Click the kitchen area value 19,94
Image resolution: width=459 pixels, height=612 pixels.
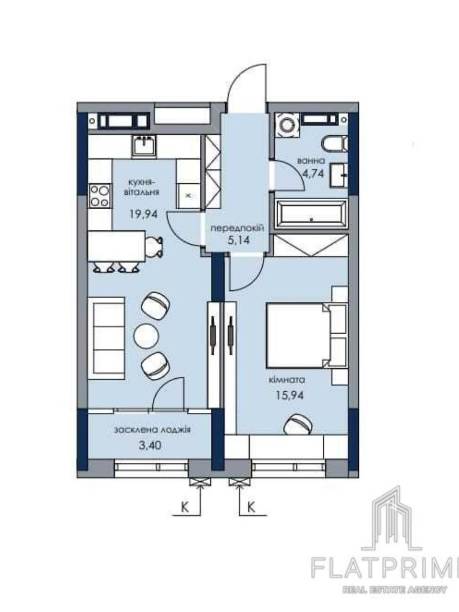(144, 214)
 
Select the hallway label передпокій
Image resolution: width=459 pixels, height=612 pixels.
(237, 228)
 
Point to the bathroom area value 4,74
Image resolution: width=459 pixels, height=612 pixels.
(314, 174)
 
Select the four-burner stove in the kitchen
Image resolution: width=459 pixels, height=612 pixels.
(100, 196)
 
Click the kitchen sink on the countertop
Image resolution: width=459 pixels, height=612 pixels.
(144, 146)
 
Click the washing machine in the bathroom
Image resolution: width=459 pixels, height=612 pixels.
(287, 125)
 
